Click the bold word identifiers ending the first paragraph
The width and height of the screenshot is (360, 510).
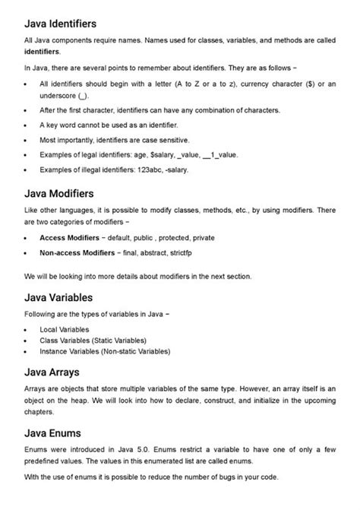tap(43, 52)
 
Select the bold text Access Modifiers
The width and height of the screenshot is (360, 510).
tap(70, 238)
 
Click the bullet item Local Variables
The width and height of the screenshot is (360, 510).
tap(65, 331)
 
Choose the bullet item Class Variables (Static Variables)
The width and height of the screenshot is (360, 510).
tap(93, 341)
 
